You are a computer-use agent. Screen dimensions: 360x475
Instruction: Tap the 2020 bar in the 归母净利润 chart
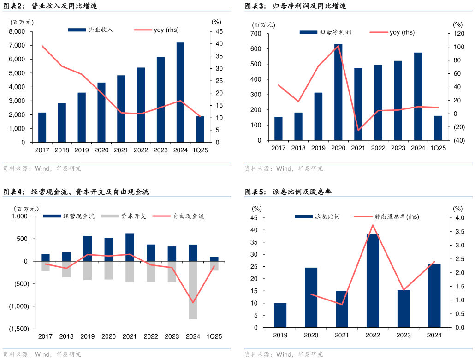(338, 92)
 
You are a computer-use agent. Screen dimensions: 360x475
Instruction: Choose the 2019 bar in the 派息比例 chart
(280, 315)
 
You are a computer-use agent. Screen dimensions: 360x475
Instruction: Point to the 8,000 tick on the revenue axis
(17, 31)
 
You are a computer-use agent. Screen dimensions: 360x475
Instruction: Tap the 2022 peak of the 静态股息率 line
(373, 225)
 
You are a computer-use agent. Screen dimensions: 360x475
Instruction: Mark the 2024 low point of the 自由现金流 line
(193, 303)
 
